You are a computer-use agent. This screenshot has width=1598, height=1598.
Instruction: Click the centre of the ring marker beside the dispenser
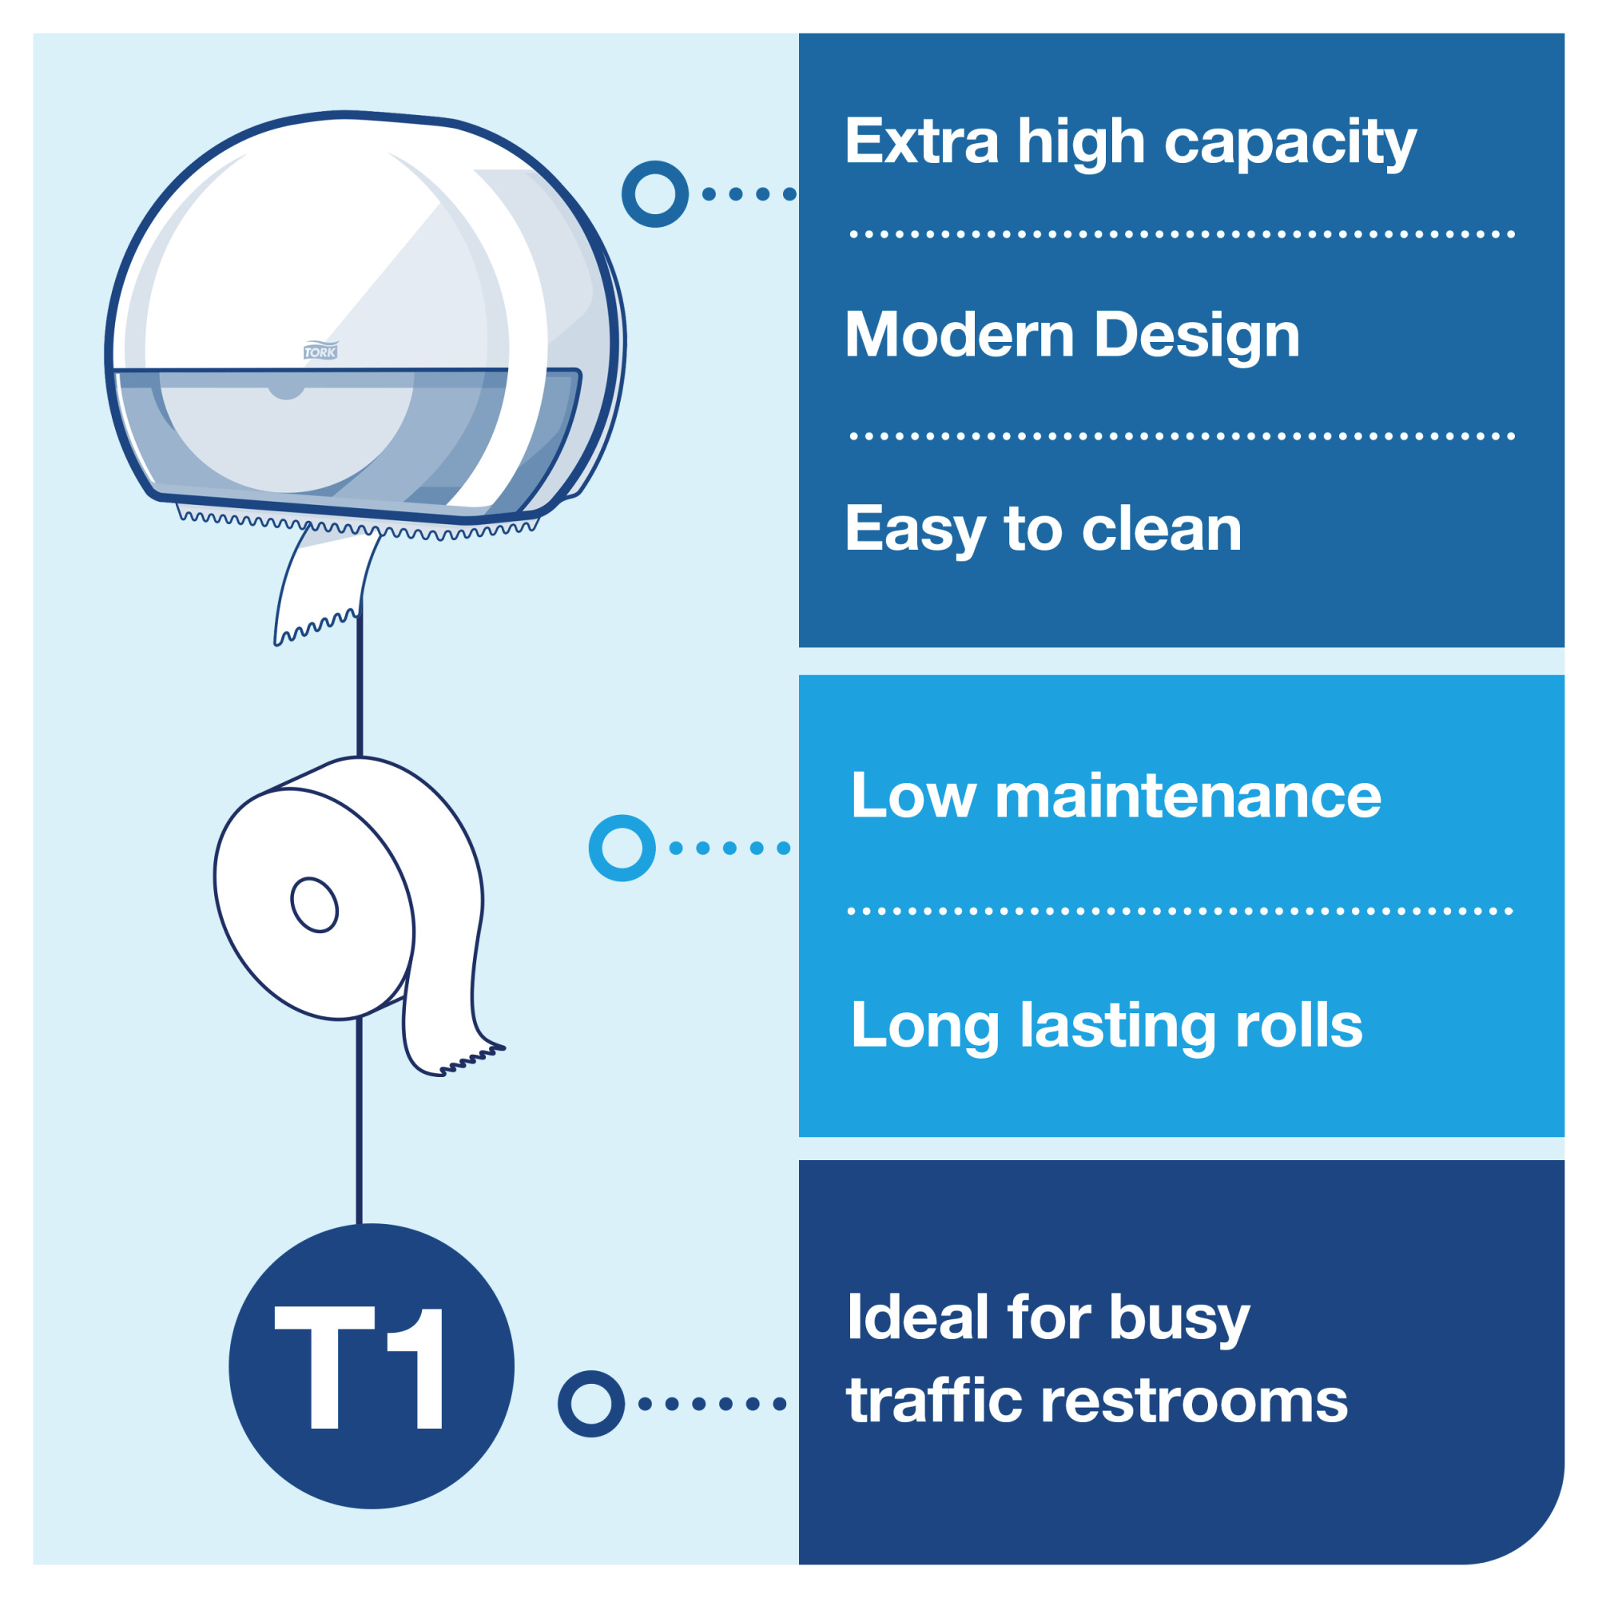(655, 193)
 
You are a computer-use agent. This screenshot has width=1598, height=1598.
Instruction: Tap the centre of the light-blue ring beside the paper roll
(622, 848)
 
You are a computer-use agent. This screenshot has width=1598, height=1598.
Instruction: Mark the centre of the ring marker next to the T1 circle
(590, 1404)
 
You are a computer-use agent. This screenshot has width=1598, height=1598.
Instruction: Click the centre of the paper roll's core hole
(314, 905)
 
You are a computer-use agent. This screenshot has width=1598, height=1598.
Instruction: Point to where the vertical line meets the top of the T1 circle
(359, 1225)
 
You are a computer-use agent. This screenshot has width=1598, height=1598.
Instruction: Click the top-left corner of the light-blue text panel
(799, 676)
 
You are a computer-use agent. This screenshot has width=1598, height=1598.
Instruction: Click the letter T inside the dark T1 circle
(324, 1368)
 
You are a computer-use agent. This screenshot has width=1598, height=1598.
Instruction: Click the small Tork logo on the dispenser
(321, 351)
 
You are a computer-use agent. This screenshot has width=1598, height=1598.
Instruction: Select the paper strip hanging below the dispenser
(324, 584)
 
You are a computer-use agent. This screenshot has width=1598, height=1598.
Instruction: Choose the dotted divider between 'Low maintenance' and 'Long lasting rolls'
(1180, 912)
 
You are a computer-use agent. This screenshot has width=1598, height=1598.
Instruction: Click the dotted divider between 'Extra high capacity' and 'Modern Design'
(1182, 235)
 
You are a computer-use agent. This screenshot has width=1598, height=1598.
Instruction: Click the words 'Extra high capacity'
(1131, 143)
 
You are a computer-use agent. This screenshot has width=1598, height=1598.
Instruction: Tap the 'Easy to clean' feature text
(1043, 530)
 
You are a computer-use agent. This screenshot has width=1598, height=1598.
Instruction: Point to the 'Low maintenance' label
(1115, 796)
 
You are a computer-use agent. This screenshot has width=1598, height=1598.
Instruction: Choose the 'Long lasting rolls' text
(1107, 1026)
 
